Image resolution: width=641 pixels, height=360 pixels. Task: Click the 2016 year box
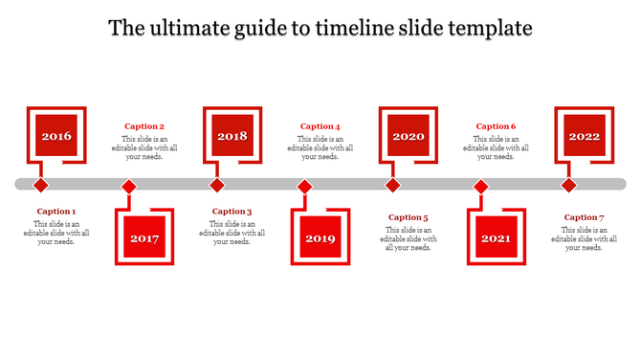point(56,136)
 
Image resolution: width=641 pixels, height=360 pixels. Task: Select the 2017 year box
point(144,237)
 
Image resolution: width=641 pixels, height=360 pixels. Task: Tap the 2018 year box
point(232,136)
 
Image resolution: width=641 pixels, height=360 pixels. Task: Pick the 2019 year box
point(320,237)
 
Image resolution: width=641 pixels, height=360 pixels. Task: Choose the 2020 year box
point(409,136)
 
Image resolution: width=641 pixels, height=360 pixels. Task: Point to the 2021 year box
point(497,237)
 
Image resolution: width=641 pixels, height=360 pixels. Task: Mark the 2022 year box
point(585,136)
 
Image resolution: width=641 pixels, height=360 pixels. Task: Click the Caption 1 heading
point(56,212)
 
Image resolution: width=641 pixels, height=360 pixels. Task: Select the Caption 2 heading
point(144,126)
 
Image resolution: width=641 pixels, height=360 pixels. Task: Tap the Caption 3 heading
point(232,212)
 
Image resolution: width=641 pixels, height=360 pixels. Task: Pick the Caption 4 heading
point(320,126)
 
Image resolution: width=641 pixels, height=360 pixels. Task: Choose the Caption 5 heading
point(409,217)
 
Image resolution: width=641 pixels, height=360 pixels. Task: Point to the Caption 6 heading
point(497,126)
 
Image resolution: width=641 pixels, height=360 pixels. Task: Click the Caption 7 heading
point(585,217)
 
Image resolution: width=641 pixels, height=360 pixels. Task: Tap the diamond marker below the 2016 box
point(41,185)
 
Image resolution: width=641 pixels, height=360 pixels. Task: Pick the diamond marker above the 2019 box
point(304,186)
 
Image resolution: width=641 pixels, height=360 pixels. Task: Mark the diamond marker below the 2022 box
point(568,185)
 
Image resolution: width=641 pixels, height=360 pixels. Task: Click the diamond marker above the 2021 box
point(481,186)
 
